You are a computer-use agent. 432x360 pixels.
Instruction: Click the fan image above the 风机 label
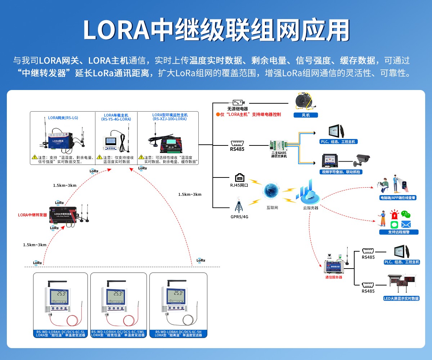[305, 101]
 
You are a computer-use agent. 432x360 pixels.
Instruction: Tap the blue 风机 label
[305, 115]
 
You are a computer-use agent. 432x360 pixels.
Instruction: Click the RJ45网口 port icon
[240, 178]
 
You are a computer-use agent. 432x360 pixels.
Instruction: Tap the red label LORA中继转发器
[32, 215]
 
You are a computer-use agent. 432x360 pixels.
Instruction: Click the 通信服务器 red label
[333, 277]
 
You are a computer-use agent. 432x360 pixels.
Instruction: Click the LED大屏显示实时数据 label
[401, 298]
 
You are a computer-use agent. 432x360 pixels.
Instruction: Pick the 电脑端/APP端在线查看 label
[397, 198]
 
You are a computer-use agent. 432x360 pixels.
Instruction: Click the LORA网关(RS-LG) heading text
[63, 118]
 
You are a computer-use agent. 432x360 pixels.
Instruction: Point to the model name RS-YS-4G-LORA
[116, 119]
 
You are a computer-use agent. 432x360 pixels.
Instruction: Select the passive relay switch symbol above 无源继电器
[240, 103]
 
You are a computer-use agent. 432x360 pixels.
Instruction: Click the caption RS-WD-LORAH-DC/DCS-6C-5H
[178, 332]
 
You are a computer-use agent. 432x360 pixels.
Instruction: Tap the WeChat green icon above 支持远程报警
[406, 215]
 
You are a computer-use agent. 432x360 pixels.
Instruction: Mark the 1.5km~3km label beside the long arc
[190, 194]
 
